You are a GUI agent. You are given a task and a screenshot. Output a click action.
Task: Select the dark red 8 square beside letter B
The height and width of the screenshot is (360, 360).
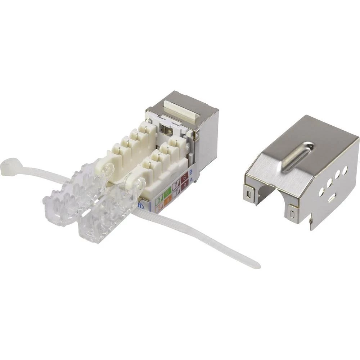click(x=184, y=177)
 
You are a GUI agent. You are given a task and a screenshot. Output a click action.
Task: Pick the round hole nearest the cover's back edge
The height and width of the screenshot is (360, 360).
click(x=345, y=170)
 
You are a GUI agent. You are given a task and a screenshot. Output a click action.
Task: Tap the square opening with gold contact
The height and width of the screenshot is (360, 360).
click(x=166, y=129)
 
